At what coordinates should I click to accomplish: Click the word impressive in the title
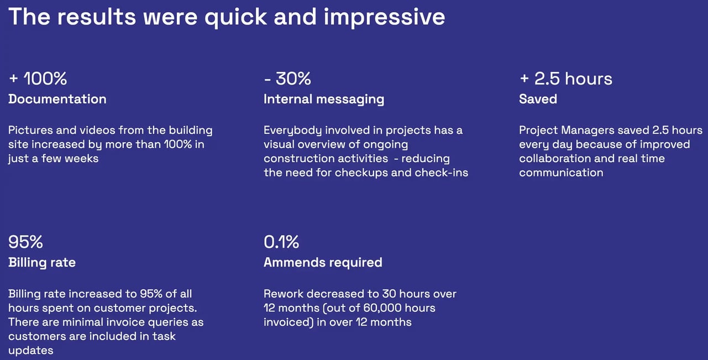coord(384,17)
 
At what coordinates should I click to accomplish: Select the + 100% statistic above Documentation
coord(38,79)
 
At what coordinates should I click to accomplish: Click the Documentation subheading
coord(57,99)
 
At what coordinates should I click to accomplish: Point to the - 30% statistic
coord(287,79)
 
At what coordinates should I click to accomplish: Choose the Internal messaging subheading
coord(324,99)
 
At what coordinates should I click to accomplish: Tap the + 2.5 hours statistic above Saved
coord(566,79)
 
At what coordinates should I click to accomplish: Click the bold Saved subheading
coord(538,99)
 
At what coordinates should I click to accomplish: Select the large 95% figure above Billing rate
coord(25,242)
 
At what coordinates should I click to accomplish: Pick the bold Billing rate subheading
coord(42,262)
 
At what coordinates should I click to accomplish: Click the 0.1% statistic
coord(281,242)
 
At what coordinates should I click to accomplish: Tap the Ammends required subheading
coord(323,262)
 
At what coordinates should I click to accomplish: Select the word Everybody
coord(292,131)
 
